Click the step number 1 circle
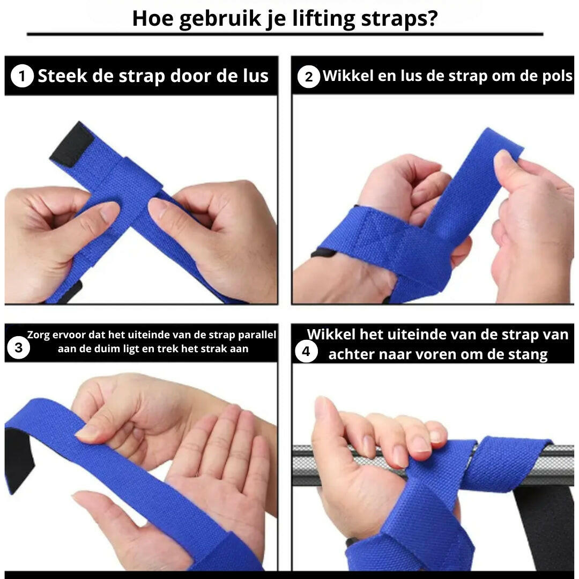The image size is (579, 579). pos(22,76)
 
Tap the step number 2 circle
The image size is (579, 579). pos(308,77)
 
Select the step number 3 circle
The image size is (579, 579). pos(18,348)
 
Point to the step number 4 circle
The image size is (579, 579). pos(306,352)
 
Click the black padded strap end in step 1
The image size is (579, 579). pos(72,144)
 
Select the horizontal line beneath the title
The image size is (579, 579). pos(285,34)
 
